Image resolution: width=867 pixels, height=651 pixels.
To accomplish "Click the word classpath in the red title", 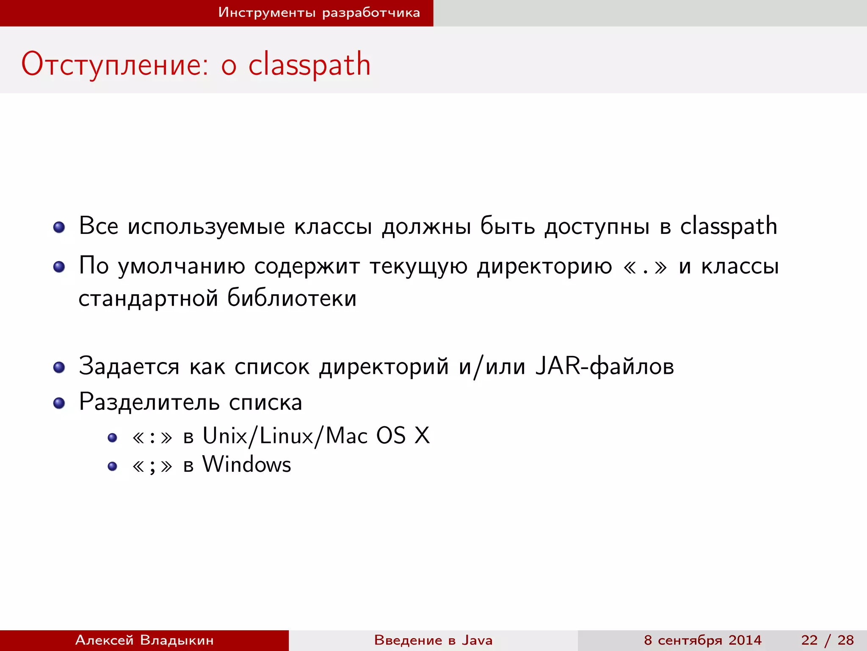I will pyautogui.click(x=309, y=65).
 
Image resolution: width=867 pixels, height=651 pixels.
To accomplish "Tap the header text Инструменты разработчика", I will pyautogui.click(x=319, y=13).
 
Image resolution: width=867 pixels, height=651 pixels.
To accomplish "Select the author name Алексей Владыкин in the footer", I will pyautogui.click(x=144, y=640).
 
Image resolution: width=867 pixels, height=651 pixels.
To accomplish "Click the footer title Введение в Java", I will pyautogui.click(x=433, y=640).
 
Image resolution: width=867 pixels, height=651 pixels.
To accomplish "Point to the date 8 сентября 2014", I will pyautogui.click(x=703, y=640).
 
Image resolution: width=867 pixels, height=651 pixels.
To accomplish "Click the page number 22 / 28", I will pyautogui.click(x=827, y=640).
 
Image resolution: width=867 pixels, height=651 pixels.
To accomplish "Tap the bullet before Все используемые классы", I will pyautogui.click(x=59, y=228).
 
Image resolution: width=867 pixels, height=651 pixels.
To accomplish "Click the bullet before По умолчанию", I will pyautogui.click(x=59, y=267).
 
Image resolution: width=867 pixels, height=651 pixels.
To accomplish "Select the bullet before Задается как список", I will pyautogui.click(x=59, y=367).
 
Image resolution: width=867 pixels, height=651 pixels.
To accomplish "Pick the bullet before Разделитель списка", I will pyautogui.click(x=59, y=403).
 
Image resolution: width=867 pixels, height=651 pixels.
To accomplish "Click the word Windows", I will pyautogui.click(x=247, y=465).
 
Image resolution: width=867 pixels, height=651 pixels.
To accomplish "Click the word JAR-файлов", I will pyautogui.click(x=605, y=366).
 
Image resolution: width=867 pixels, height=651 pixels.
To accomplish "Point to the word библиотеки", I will pyautogui.click(x=292, y=298).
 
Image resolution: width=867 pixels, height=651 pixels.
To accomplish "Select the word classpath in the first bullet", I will pyautogui.click(x=729, y=226).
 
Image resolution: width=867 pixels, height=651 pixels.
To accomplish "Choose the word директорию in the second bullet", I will pyautogui.click(x=544, y=267).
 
